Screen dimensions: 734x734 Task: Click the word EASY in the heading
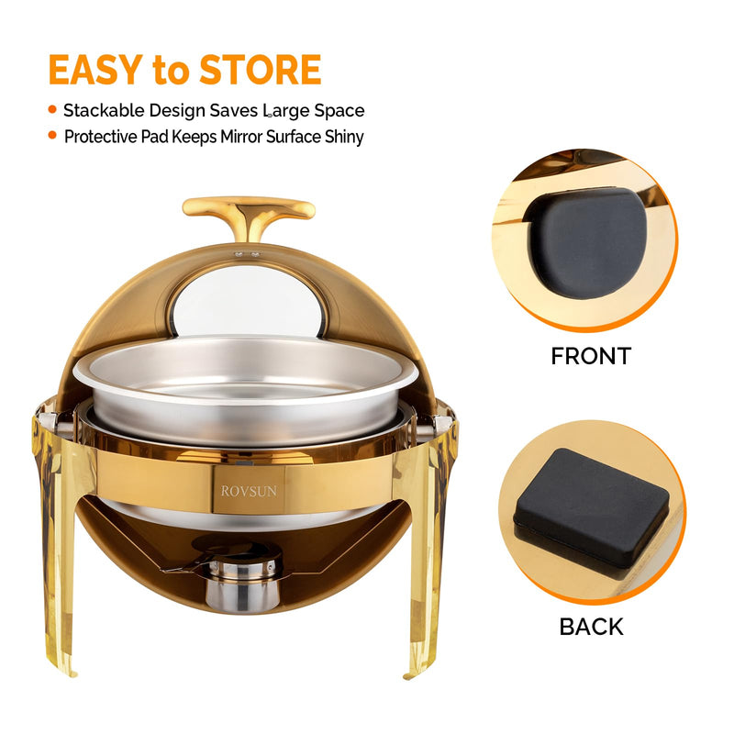95,71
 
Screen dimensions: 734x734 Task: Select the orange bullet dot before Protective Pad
51,137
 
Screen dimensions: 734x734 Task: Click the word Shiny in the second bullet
341,137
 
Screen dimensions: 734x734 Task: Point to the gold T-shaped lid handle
248,211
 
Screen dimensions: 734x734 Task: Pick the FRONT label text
590,356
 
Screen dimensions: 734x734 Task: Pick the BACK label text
591,627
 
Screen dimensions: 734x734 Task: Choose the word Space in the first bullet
339,111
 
